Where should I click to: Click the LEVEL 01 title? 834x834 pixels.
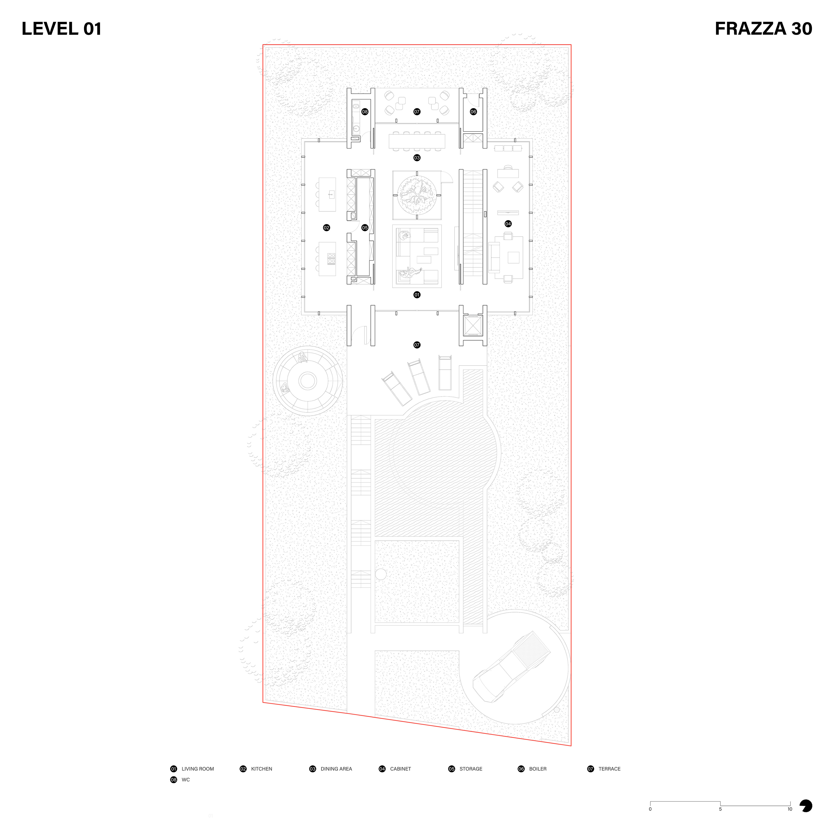[x=62, y=29]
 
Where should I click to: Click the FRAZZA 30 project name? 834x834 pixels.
[x=763, y=29]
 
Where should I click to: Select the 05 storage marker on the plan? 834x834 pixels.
[x=365, y=227]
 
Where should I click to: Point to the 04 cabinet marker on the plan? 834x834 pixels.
[x=508, y=224]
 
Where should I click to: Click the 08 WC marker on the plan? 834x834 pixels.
[x=365, y=112]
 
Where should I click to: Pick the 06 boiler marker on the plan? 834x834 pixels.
[x=473, y=112]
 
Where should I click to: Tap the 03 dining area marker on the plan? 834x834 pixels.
[x=417, y=157]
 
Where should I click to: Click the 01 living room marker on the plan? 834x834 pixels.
[x=417, y=295]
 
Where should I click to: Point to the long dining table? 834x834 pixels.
[x=417, y=141]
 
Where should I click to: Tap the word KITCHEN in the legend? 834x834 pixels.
[x=261, y=769]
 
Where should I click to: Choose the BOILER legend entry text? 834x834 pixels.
[x=538, y=769]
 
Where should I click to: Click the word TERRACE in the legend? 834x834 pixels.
[x=609, y=769]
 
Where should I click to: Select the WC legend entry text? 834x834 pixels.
[x=186, y=780]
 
